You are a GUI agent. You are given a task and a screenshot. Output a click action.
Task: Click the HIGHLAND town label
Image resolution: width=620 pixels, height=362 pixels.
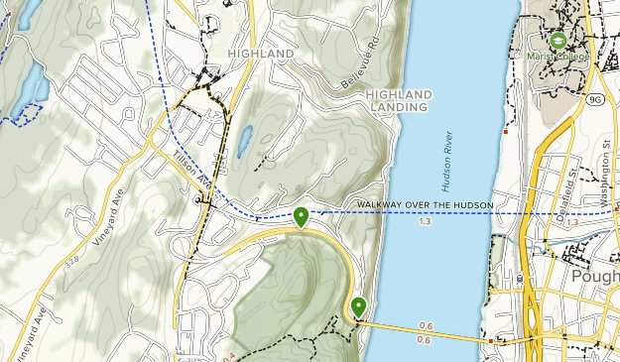click(260, 53)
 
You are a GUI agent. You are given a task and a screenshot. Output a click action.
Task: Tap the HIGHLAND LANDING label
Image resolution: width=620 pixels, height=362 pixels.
click(398, 100)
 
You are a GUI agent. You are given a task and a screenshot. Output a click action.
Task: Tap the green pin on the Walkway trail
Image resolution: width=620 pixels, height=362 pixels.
click(301, 214)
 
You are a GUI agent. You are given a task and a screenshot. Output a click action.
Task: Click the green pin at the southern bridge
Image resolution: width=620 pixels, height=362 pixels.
click(357, 306)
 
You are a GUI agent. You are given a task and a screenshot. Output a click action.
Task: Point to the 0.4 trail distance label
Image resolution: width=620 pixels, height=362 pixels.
click(229, 355)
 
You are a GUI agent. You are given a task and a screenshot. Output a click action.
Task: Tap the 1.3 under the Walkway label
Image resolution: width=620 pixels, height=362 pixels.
click(426, 220)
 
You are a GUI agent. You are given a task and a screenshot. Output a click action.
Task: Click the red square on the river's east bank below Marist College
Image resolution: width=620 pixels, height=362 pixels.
click(506, 130)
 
